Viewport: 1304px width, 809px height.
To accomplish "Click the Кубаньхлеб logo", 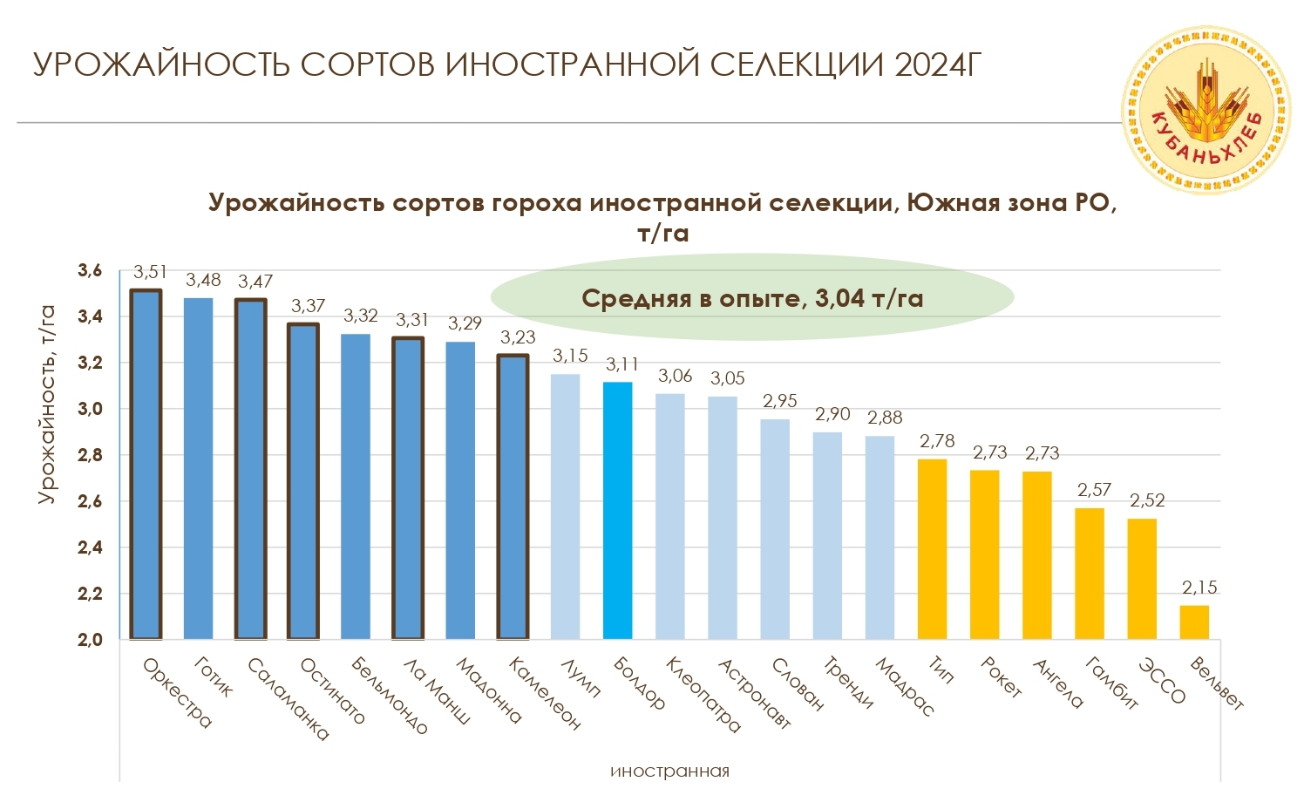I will [1206, 109].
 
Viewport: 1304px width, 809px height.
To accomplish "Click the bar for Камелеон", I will [513, 496].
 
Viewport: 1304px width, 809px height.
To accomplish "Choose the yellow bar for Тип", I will [932, 549].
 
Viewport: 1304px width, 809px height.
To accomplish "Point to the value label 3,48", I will [203, 281].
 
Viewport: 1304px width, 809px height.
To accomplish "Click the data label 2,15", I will [1199, 588].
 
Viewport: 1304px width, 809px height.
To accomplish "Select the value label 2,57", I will [1094, 491].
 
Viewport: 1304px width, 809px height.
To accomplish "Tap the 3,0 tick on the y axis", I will [90, 409].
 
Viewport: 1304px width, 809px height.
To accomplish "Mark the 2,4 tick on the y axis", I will [90, 547].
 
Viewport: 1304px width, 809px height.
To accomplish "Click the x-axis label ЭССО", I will [1163, 681].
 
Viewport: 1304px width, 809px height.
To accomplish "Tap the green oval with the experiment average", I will [751, 298].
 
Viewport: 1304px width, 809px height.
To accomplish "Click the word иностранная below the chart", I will [669, 772].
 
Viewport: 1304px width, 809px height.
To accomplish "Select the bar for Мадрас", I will [880, 537].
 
